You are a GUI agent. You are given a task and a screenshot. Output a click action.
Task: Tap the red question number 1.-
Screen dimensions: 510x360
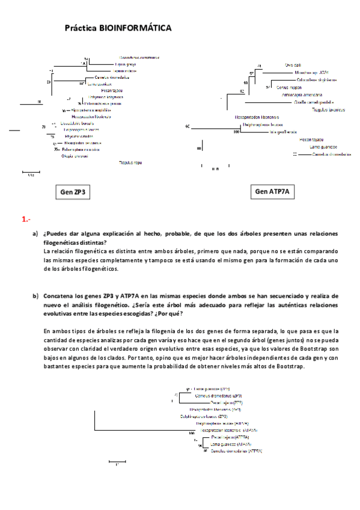tap(26, 220)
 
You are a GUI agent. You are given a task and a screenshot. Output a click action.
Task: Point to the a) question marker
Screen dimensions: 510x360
tap(35, 233)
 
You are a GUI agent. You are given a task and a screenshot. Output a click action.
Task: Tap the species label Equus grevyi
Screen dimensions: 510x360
tap(125, 64)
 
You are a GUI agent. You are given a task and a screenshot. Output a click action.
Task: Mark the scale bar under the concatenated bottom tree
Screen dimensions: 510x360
tap(117, 461)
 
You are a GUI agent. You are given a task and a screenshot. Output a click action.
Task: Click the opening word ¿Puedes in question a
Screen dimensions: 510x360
tap(56, 233)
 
